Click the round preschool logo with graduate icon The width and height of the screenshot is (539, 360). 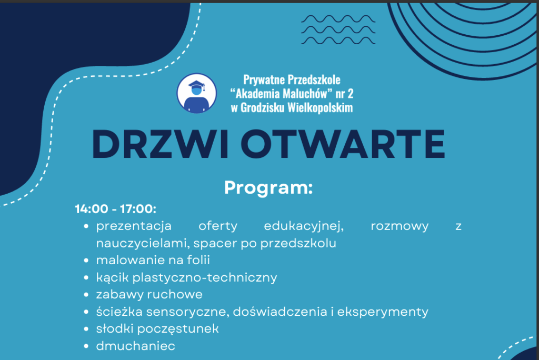[x=197, y=93]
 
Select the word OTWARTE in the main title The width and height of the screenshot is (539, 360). [x=345, y=144]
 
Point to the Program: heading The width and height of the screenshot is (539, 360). [x=268, y=188]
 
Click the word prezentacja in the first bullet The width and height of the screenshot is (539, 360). [x=134, y=226]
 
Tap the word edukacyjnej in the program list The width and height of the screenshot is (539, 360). [x=304, y=226]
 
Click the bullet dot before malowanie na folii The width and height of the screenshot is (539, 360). [x=86, y=261]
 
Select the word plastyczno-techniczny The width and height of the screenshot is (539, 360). [x=205, y=277]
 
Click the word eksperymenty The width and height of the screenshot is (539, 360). [x=383, y=312]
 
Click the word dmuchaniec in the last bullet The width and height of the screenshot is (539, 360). [x=135, y=346]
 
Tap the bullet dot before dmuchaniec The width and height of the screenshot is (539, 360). [x=86, y=346]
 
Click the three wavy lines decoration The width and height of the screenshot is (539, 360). [x=338, y=29]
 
